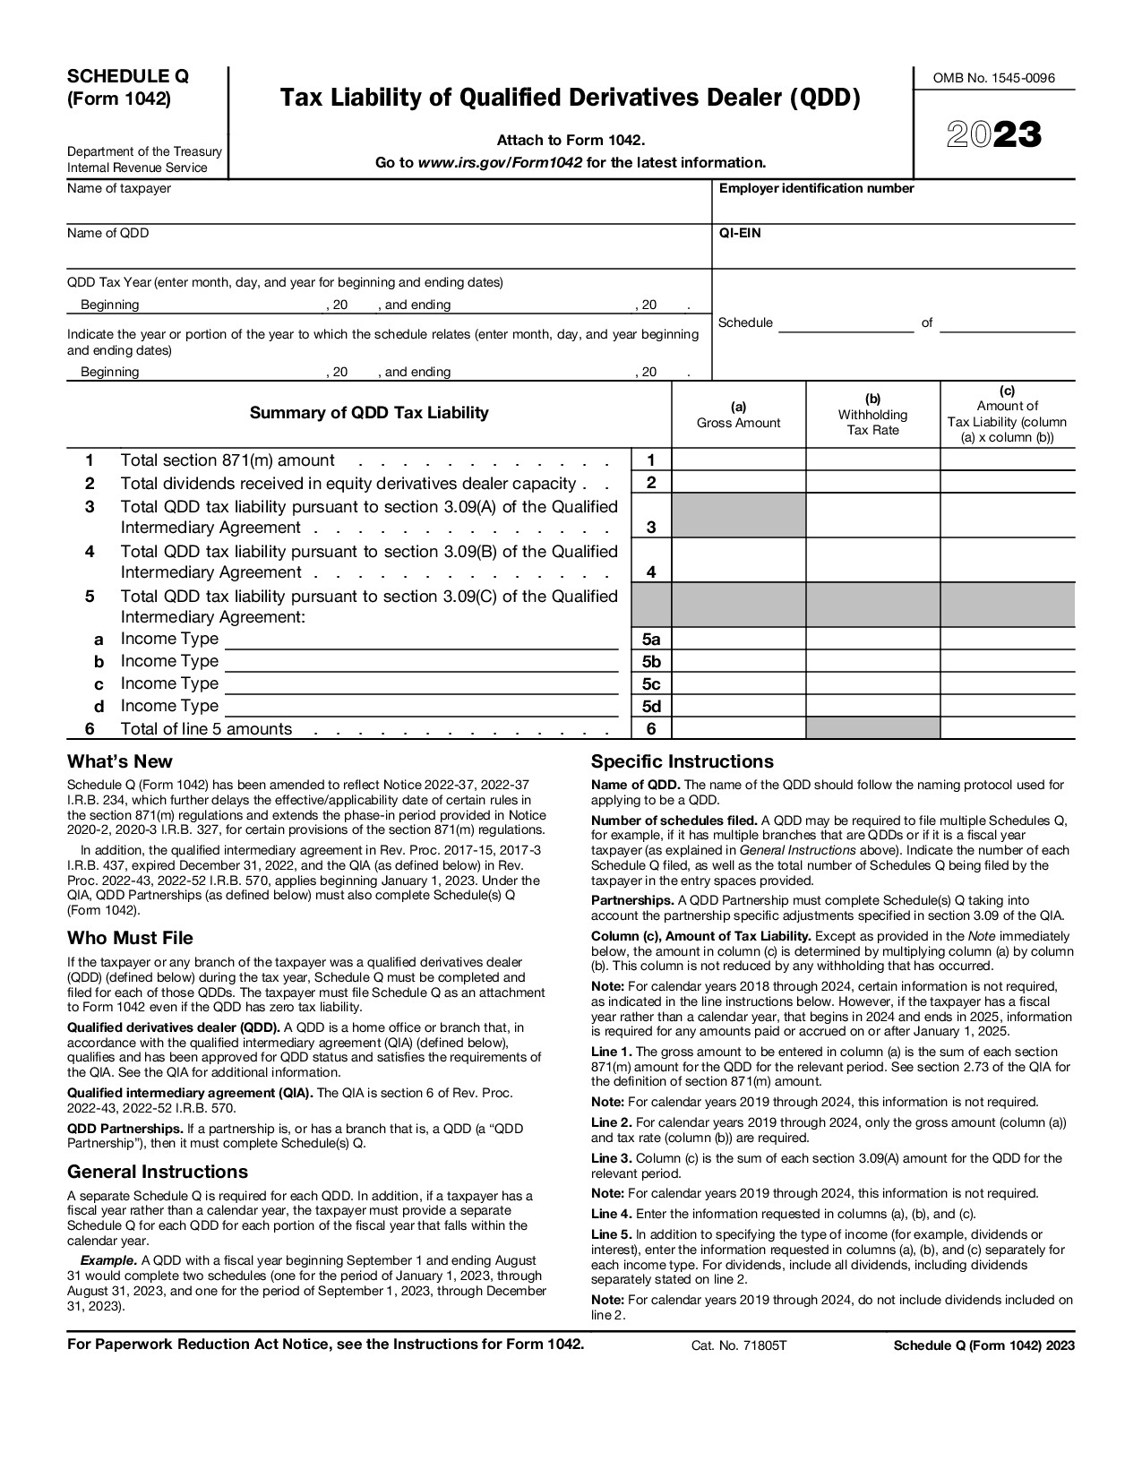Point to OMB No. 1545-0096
click(993, 78)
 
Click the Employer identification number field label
click(816, 188)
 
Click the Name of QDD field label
click(108, 233)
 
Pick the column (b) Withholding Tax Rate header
click(872, 414)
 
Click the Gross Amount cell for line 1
click(738, 460)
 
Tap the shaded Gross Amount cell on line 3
click(738, 516)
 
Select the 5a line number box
click(651, 640)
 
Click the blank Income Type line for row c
click(421, 684)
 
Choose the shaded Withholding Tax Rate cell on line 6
click(872, 728)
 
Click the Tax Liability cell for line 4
click(1007, 561)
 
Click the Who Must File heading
click(130, 938)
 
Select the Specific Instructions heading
click(682, 761)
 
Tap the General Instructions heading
click(158, 1172)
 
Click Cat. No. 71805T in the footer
click(738, 1345)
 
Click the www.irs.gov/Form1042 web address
click(500, 163)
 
